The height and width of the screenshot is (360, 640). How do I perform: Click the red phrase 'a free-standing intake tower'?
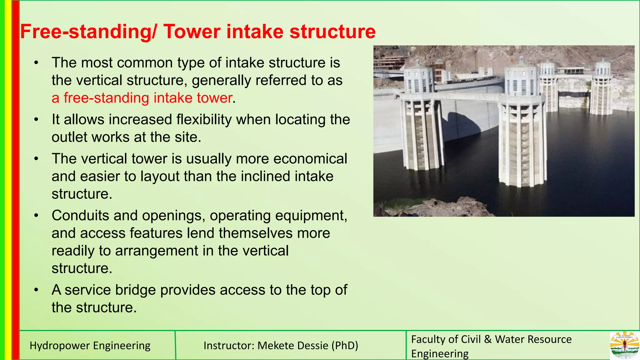click(142, 98)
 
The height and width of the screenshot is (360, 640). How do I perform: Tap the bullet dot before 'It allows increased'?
click(37, 120)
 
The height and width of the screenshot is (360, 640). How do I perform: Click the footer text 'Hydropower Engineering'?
click(90, 346)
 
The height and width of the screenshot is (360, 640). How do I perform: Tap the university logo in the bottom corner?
click(624, 345)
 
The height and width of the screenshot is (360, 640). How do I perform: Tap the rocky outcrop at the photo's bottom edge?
click(453, 208)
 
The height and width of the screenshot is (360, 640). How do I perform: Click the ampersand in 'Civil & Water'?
click(488, 339)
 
